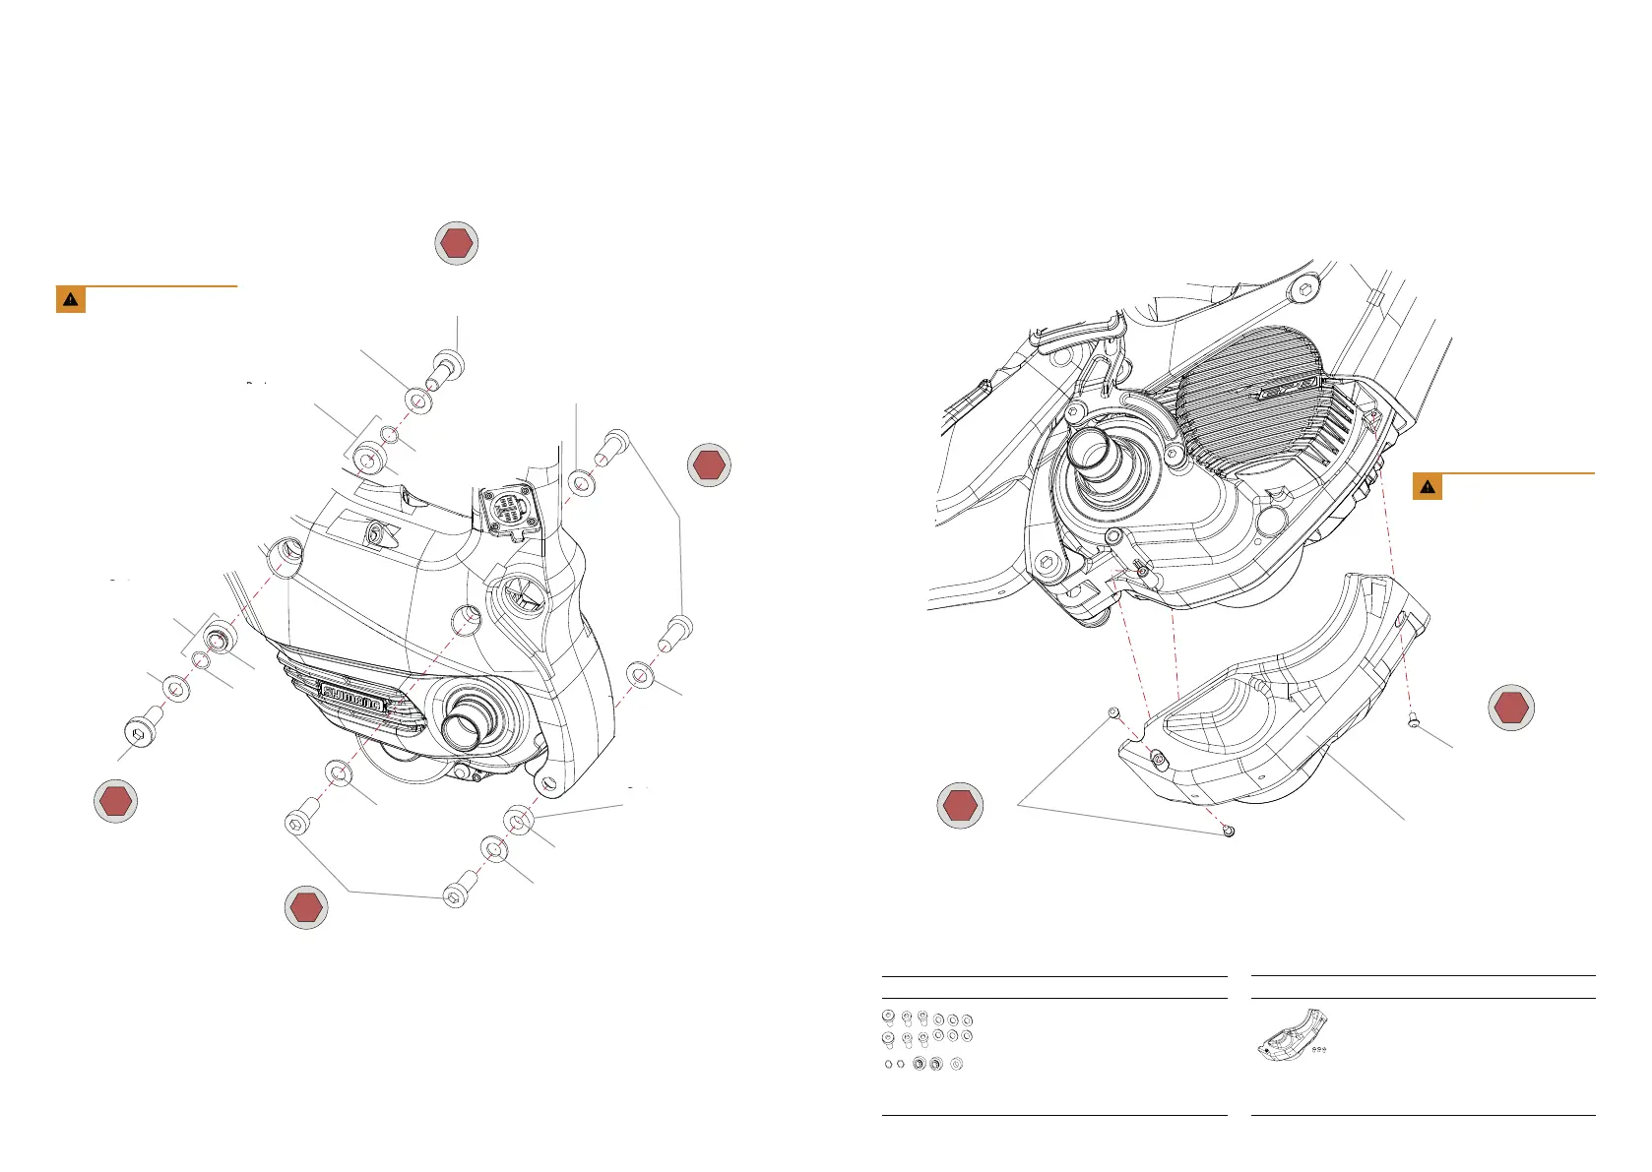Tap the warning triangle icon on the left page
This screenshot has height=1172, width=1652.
(x=71, y=299)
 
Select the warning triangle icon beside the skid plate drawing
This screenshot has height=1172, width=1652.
(x=1428, y=487)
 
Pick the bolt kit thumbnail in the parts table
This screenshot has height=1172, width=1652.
(x=926, y=1039)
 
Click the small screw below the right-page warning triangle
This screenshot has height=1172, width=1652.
(x=1415, y=721)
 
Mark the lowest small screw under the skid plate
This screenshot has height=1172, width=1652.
(x=1228, y=832)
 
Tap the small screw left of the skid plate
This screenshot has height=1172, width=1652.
(x=1113, y=711)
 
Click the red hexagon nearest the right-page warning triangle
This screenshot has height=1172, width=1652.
(x=1511, y=708)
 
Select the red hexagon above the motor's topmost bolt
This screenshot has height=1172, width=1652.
(x=457, y=243)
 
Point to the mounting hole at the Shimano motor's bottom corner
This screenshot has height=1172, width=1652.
(x=547, y=785)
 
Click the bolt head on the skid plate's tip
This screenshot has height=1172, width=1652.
(x=1157, y=758)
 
